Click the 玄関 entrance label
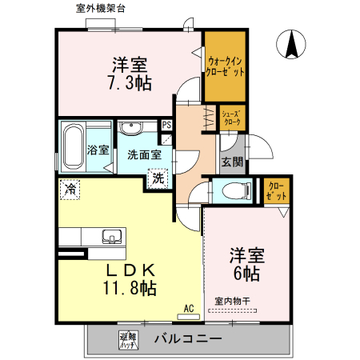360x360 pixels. tap(233, 161)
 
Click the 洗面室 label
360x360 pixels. tap(144, 155)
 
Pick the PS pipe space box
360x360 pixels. tap(166, 126)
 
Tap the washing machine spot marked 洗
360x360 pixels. tap(157, 178)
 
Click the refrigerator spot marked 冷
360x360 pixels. tap(70, 190)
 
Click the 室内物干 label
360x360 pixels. tap(232, 302)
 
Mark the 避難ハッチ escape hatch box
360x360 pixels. tap(126, 338)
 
